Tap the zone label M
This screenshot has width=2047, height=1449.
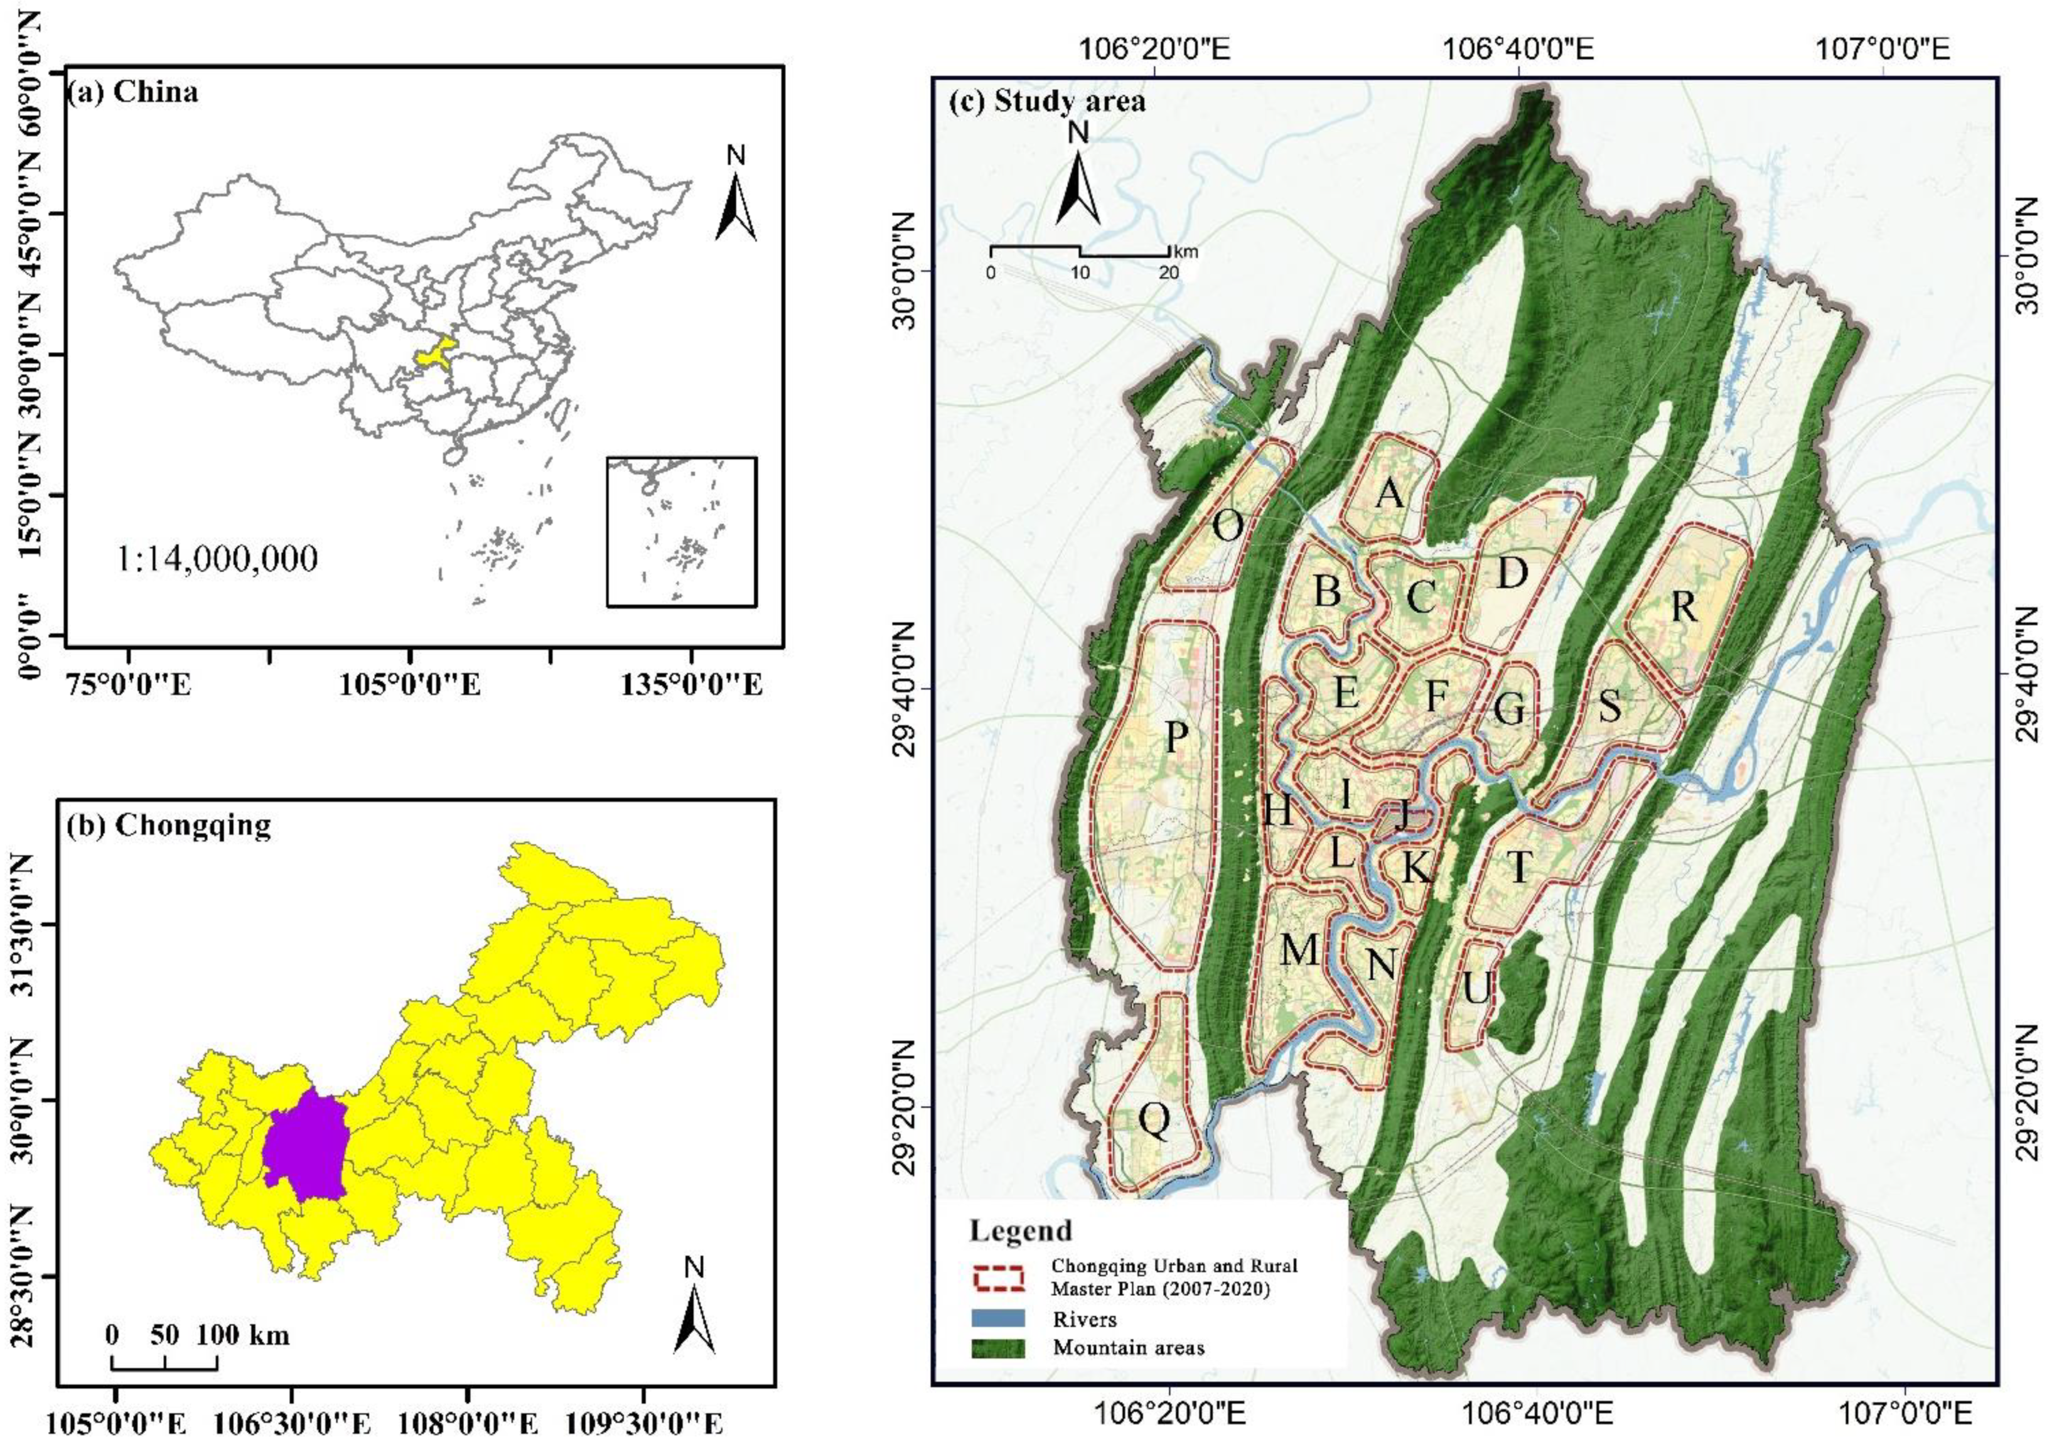[1299, 949]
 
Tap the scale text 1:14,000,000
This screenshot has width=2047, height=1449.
[217, 559]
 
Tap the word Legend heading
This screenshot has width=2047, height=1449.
[1021, 1231]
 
